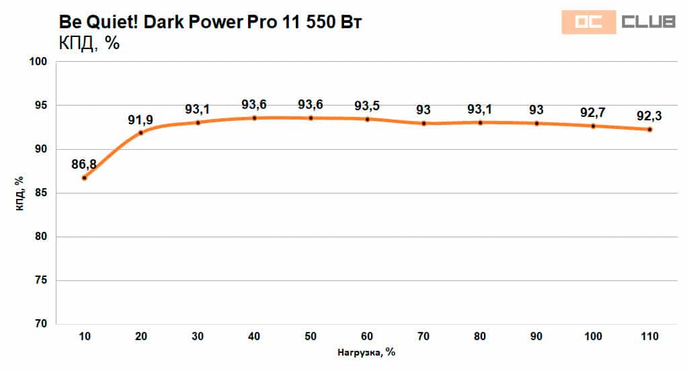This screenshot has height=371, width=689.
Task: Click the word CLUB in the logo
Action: pos(648,22)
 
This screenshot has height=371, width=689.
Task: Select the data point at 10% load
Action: pos(85,178)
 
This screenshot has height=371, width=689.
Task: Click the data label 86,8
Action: pos(85,163)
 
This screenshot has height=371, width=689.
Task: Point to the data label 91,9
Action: pos(140,120)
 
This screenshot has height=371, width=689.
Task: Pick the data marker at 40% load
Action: pos(254,118)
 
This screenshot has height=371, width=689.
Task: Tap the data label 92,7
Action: pos(593,112)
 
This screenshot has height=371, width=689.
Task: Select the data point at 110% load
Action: pos(649,130)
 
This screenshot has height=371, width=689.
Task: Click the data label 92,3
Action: pos(649,116)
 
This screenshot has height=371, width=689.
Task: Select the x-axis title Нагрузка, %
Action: pos(367,352)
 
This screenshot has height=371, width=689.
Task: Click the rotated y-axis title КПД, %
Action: pos(20,194)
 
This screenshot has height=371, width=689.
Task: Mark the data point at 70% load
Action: pos(423,124)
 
